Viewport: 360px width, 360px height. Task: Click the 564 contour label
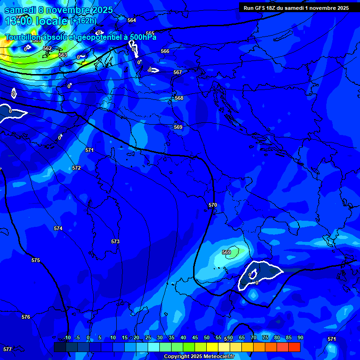coord(132,20)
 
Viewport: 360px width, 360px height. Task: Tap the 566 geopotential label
coord(165,51)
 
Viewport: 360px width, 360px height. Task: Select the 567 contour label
coord(177,73)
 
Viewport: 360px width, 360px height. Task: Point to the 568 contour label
coord(179,98)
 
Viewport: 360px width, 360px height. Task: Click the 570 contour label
coord(213,205)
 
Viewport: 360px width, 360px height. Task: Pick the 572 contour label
coord(76,168)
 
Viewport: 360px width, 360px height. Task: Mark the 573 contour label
coord(115,241)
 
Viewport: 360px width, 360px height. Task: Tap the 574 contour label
coord(58,228)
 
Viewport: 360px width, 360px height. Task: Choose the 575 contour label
coord(36,260)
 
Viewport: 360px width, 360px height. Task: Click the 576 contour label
coord(26,317)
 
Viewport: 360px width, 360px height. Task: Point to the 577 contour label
coord(7,349)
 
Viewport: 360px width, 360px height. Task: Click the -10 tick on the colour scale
coord(67,337)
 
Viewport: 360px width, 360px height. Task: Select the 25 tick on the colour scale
coord(148,337)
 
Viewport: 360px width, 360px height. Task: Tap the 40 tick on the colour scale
coord(183,337)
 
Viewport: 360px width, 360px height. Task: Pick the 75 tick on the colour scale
coord(265,337)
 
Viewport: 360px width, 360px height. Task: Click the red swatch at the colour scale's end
coord(294,347)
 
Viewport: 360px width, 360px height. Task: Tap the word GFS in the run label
coord(262,8)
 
